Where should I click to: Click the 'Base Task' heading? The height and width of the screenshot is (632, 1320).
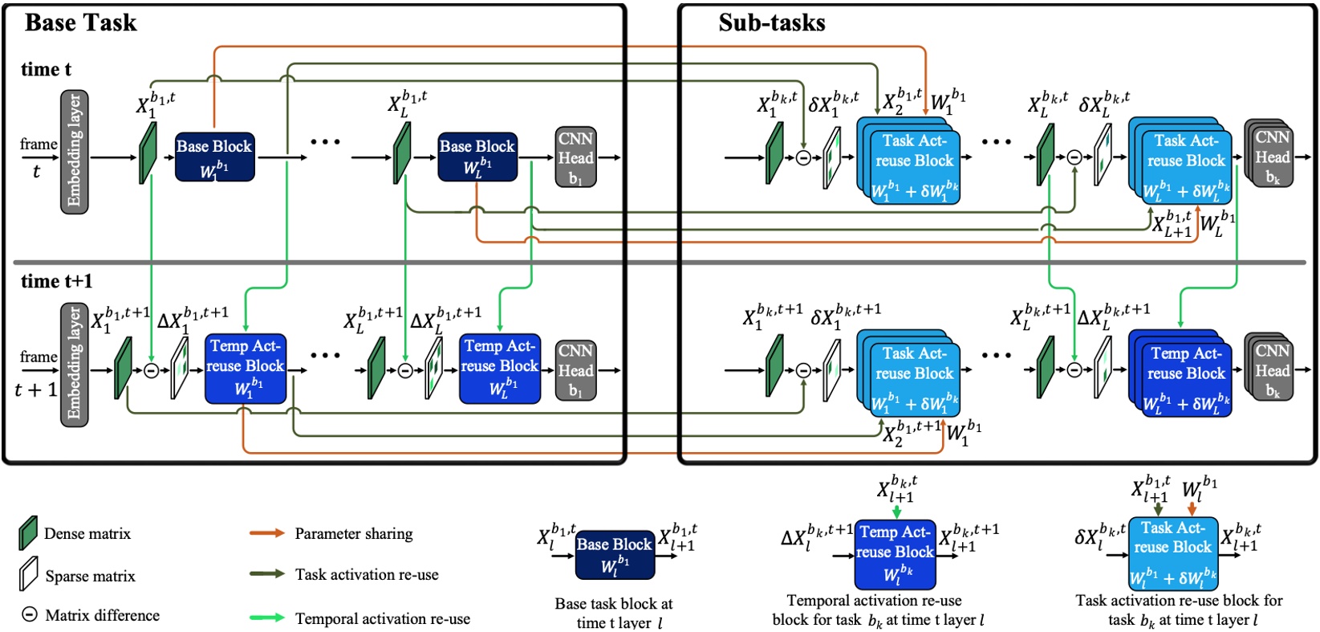80,22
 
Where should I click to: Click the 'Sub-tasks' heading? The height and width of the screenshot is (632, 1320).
771,22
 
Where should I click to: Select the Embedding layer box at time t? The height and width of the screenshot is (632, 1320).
75,152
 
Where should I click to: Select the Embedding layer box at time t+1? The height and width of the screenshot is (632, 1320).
75,365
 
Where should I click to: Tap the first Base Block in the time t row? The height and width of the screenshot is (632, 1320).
214,157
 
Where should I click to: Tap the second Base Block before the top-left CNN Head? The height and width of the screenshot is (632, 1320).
477,157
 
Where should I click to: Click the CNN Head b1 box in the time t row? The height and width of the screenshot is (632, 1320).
575,157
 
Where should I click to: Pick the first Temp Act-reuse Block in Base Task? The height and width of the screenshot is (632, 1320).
245,368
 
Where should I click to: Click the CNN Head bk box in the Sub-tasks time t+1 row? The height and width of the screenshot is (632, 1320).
1271,369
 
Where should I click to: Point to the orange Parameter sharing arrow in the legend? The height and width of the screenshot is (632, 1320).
266,533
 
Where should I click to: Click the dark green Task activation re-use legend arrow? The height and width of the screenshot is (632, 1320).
266,574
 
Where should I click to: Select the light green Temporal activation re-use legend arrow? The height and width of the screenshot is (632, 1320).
266,618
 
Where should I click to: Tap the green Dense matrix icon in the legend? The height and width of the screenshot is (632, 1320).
28,533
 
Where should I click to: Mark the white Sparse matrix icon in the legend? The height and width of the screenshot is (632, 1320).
28,574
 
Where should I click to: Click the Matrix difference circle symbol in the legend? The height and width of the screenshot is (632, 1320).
29,615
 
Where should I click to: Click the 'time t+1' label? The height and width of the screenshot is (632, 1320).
57,281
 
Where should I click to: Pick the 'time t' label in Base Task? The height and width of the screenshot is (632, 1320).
46,70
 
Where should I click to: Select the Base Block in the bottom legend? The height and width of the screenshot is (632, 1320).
615,554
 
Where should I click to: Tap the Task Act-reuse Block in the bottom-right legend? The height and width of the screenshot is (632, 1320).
1172,552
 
